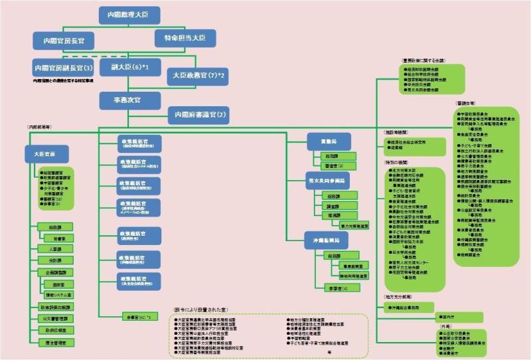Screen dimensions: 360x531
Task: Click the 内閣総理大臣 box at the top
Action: click(x=129, y=14)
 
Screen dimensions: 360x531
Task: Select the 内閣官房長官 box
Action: click(x=64, y=41)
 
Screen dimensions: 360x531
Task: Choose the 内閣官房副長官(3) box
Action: click(x=63, y=68)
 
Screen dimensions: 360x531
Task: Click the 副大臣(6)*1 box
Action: click(x=129, y=67)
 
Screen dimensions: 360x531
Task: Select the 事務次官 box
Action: click(x=129, y=100)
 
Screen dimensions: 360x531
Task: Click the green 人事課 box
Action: click(x=55, y=248)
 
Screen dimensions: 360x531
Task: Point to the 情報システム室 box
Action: click(x=60, y=294)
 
